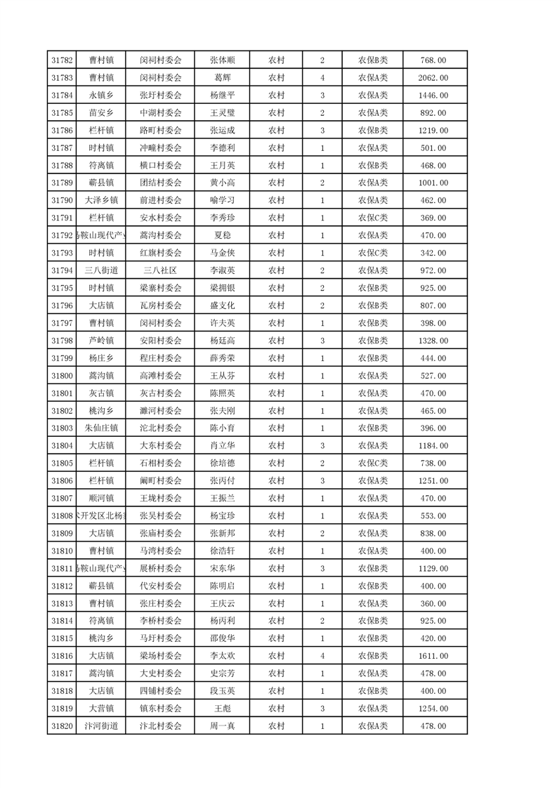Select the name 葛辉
click(x=222, y=78)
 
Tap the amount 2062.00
click(x=433, y=78)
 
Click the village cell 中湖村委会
click(x=160, y=112)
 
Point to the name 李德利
click(x=222, y=147)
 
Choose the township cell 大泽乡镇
click(x=101, y=200)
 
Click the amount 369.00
click(x=433, y=218)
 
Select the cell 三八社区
click(x=160, y=270)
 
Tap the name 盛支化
click(x=222, y=306)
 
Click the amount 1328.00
click(x=433, y=341)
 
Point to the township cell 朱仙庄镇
click(x=101, y=428)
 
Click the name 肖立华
click(x=222, y=445)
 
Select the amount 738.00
click(x=433, y=463)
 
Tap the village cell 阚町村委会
click(x=160, y=480)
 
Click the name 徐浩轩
click(x=222, y=551)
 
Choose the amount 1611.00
click(x=433, y=655)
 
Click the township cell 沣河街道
click(x=101, y=725)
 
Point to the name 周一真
click(x=222, y=725)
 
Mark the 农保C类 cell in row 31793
click(x=373, y=253)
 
